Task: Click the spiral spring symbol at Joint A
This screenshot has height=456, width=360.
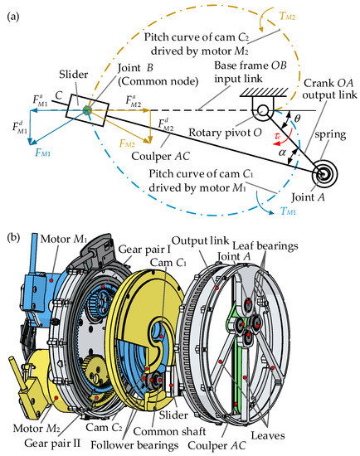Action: (x=325, y=175)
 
